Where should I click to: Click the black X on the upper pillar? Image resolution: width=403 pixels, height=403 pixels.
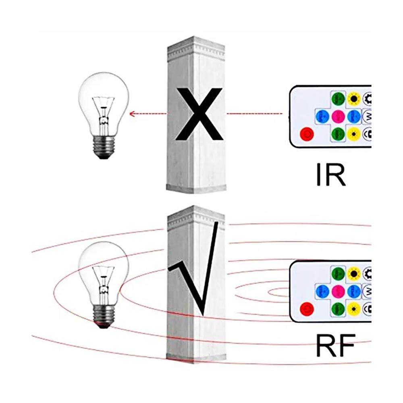tap(199, 114)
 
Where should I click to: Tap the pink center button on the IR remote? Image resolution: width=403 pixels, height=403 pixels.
tap(338, 117)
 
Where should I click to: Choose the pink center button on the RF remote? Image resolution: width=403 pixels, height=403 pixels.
tap(338, 290)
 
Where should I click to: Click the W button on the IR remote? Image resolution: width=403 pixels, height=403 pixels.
tap(368, 116)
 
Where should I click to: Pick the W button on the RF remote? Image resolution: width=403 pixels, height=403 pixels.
tap(368, 290)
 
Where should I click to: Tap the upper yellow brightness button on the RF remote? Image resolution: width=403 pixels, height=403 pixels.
tap(354, 274)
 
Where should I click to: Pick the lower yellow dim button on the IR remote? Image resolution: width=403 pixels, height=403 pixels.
tap(354, 133)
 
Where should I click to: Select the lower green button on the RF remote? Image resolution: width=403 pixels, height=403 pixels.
tap(338, 309)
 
